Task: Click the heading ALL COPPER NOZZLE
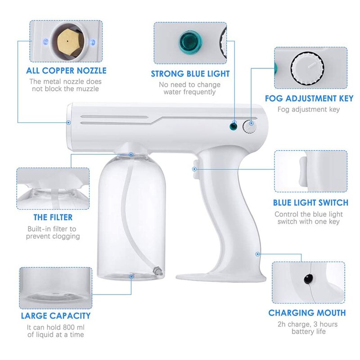pos(66,71)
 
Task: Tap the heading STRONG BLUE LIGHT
pos(190,74)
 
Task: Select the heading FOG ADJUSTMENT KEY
pos(309,99)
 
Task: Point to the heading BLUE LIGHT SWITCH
pos(310,202)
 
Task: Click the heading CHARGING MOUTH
pos(307,313)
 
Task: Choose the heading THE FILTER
pos(53,217)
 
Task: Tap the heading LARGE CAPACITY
pos(55,316)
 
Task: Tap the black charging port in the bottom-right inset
pos(307,279)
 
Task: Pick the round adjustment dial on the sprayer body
pos(249,126)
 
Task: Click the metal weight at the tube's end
pos(157,271)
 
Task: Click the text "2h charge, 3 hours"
pos(308,324)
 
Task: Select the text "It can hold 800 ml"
pos(55,327)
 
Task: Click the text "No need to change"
pos(190,85)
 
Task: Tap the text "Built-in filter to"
pos(53,229)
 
